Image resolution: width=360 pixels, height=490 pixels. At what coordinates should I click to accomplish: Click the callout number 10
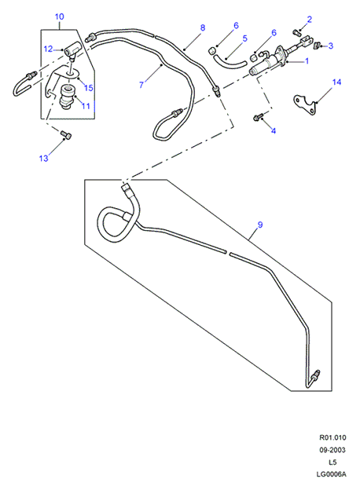[x=59, y=16]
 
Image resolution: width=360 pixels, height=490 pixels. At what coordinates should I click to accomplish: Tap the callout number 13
[x=44, y=159]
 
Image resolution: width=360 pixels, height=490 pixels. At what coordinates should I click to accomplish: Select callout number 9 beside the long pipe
[x=260, y=225]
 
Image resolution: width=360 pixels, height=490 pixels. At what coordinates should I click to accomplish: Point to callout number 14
[x=336, y=82]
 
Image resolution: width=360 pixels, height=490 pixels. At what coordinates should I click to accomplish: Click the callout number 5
[x=245, y=38]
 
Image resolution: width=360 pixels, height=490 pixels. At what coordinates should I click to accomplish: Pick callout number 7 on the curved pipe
[x=141, y=85]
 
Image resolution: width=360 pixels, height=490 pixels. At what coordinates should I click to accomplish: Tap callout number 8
[x=203, y=27]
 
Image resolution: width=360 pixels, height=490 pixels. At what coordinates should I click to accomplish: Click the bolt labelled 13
[x=66, y=135]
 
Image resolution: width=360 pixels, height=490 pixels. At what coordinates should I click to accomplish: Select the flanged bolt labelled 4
[x=257, y=118]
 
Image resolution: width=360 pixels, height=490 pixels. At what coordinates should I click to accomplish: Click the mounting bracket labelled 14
[x=305, y=105]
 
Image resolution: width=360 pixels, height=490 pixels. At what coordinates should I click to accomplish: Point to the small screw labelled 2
[x=296, y=31]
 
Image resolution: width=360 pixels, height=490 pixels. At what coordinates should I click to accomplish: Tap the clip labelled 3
[x=317, y=45]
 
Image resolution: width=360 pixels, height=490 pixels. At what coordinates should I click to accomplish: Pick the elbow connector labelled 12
[x=72, y=50]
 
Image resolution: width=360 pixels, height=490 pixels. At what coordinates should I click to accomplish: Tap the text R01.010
[x=332, y=437]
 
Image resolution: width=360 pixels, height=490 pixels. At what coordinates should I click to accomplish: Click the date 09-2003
[x=332, y=450]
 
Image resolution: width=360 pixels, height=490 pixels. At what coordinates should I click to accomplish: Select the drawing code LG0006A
[x=332, y=474]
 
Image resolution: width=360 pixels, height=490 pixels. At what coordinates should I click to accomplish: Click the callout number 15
[x=89, y=87]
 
